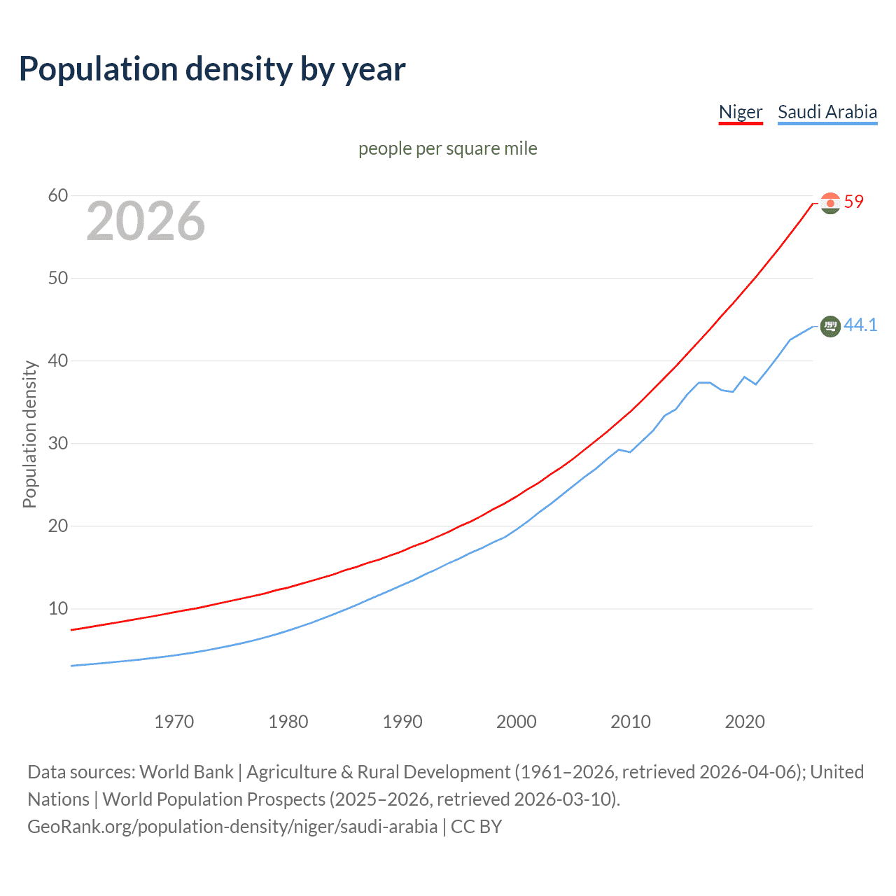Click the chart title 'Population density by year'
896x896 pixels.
point(212,69)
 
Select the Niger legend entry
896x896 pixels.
point(741,112)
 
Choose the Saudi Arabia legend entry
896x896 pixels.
point(827,112)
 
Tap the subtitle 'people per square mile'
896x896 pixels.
point(448,148)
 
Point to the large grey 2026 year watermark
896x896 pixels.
point(146,221)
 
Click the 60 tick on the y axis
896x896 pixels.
point(58,196)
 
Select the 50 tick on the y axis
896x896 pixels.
point(58,279)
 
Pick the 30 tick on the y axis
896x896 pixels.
point(58,444)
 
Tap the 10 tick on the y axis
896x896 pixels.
point(58,609)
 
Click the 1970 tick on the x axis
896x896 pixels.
point(174,722)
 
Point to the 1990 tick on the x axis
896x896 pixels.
point(402,722)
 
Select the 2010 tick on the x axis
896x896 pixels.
point(631,722)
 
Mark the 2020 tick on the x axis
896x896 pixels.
point(745,722)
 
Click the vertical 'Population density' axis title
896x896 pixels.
point(29,434)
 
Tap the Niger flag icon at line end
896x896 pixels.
point(830,203)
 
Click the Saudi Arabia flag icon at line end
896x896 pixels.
point(830,326)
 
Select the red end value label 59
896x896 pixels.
point(854,202)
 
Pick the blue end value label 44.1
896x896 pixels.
point(860,325)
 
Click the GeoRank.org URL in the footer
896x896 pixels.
point(232,827)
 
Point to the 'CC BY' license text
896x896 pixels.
point(477,827)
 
